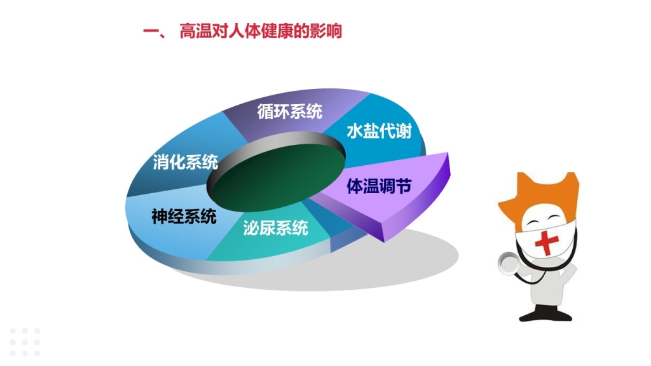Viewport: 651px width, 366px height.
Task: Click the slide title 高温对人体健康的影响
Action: [260, 32]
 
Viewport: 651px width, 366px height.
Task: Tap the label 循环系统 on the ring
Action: [290, 111]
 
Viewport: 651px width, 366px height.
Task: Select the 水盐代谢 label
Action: [379, 131]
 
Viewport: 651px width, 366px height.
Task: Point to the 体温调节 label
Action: [379, 186]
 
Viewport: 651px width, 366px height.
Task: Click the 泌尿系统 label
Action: [276, 228]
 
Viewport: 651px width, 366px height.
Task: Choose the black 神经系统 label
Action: [184, 217]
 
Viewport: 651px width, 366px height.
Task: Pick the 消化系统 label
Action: [185, 161]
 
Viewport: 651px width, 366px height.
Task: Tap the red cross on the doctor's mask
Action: [546, 242]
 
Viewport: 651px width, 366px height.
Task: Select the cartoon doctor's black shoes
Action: [545, 315]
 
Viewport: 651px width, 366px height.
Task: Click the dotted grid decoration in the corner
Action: [25, 342]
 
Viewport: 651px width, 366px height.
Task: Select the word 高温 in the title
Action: [196, 32]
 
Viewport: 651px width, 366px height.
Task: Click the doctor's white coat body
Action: [547, 282]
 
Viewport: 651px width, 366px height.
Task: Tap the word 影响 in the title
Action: [325, 32]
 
